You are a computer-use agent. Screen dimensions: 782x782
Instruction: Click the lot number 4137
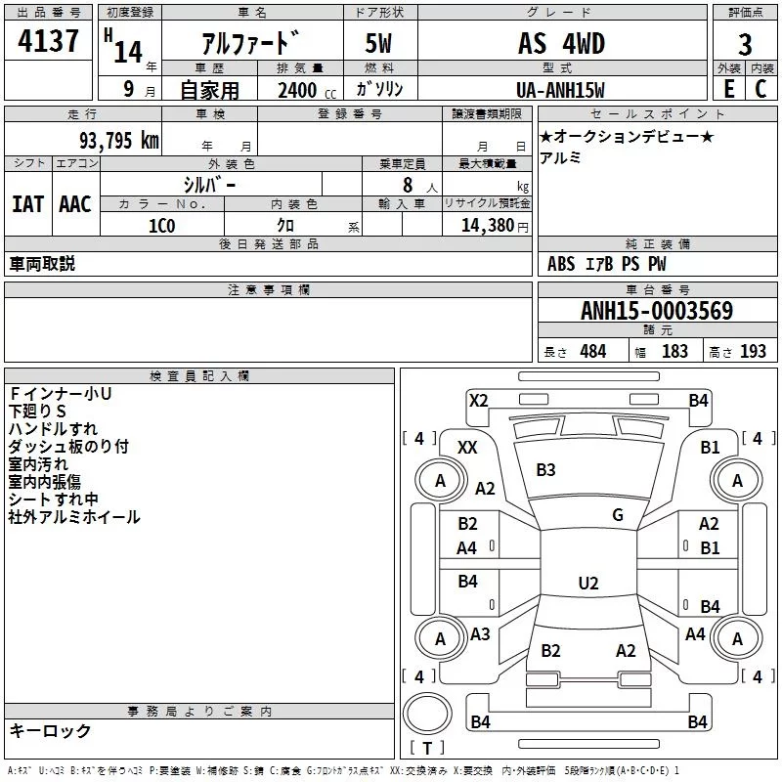[x=49, y=42]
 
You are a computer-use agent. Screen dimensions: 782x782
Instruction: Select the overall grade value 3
[x=745, y=45]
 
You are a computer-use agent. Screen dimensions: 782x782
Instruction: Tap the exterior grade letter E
[x=728, y=88]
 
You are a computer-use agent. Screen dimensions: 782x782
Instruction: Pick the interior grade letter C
[x=760, y=88]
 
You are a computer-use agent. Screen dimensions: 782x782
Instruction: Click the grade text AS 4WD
[x=561, y=44]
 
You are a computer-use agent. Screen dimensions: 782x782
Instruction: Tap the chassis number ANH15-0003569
[x=656, y=311]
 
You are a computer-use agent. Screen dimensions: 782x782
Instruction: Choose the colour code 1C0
[x=161, y=225]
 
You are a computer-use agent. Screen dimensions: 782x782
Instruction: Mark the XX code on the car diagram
[x=467, y=447]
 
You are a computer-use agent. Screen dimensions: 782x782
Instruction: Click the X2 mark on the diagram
[x=478, y=400]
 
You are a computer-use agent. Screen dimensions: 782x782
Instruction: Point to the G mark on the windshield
[x=617, y=514]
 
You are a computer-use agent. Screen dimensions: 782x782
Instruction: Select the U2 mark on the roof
[x=587, y=584]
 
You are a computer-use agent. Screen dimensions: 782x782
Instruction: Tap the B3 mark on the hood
[x=545, y=470]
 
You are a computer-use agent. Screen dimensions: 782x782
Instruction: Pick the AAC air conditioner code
[x=75, y=203]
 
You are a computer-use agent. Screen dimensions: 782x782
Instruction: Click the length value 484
[x=592, y=352]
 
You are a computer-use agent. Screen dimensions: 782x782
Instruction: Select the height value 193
[x=753, y=352]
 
